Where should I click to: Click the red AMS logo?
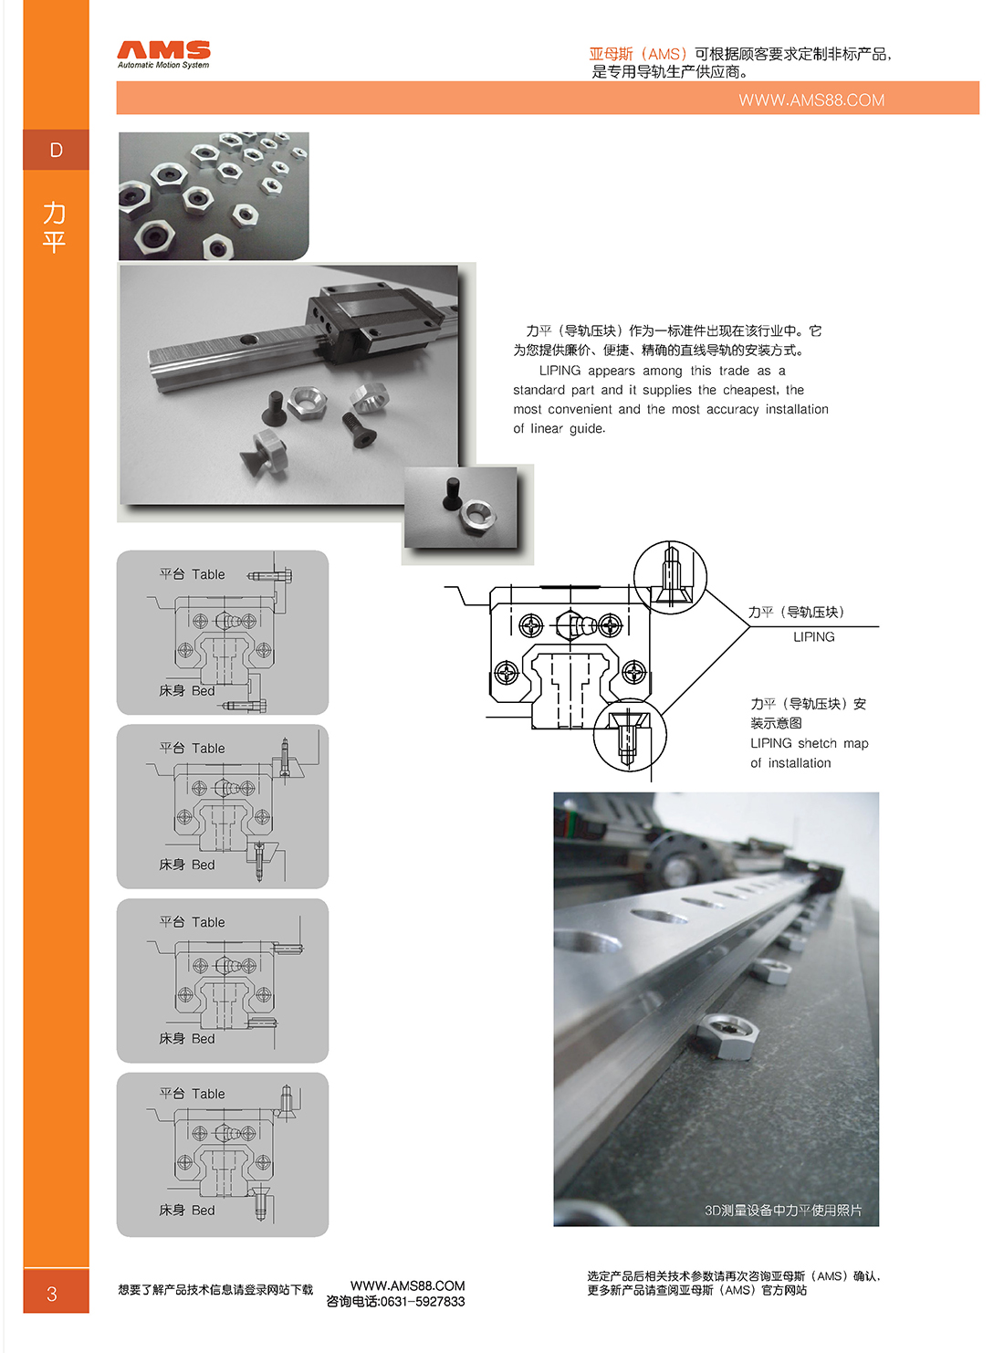click(x=163, y=50)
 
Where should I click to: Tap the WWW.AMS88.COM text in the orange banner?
click(x=811, y=100)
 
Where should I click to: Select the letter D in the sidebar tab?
click(x=56, y=150)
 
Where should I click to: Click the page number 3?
click(x=52, y=1294)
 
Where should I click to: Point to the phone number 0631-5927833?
click(x=423, y=1301)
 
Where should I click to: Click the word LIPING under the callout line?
click(x=813, y=637)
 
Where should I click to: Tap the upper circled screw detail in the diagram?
click(x=670, y=577)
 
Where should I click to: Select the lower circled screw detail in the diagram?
click(x=630, y=734)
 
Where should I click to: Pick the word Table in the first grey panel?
click(x=208, y=574)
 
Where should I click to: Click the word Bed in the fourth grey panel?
click(x=204, y=1210)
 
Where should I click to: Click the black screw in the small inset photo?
click(x=452, y=494)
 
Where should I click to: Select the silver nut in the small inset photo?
click(x=478, y=516)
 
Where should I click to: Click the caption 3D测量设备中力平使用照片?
click(x=783, y=1210)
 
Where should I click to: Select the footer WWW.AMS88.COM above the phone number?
click(x=407, y=1285)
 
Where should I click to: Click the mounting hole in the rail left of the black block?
click(x=247, y=340)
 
